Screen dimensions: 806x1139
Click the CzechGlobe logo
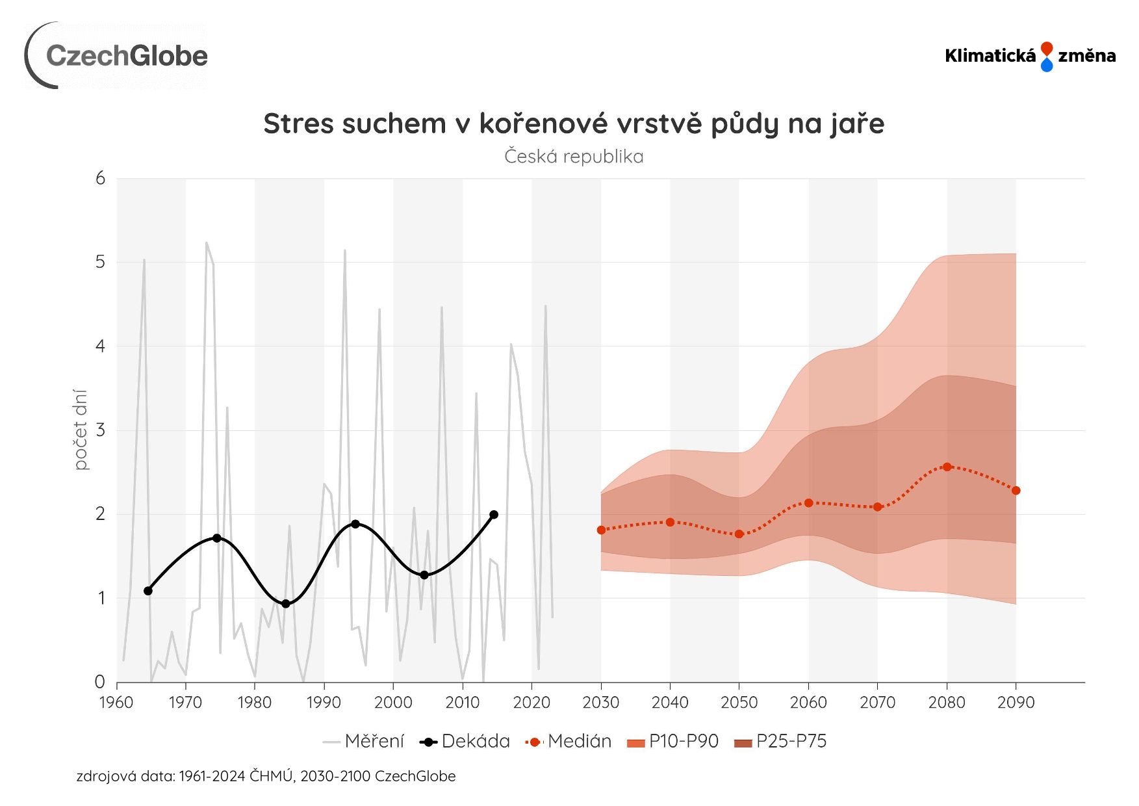117,56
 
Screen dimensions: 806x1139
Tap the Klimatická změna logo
1030,56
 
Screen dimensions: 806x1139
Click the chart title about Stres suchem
574,123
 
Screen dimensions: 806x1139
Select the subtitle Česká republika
574,157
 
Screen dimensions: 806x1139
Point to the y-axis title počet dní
80,430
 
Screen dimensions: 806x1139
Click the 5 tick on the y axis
100,262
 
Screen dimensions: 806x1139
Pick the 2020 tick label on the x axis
531,703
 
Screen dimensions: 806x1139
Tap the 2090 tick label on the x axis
1016,703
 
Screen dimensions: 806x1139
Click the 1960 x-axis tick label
116,703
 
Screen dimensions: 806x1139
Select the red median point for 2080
947,467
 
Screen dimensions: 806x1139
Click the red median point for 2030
601,530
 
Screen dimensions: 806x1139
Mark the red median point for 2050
739,534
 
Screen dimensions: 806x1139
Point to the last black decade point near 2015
494,515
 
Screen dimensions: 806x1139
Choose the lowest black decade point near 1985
286,604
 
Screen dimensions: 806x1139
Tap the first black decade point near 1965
148,591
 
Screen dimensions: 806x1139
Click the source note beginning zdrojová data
266,776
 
